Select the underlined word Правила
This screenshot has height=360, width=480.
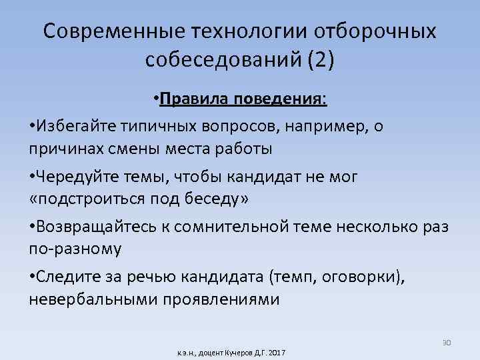193,99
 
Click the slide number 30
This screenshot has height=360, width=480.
447,343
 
